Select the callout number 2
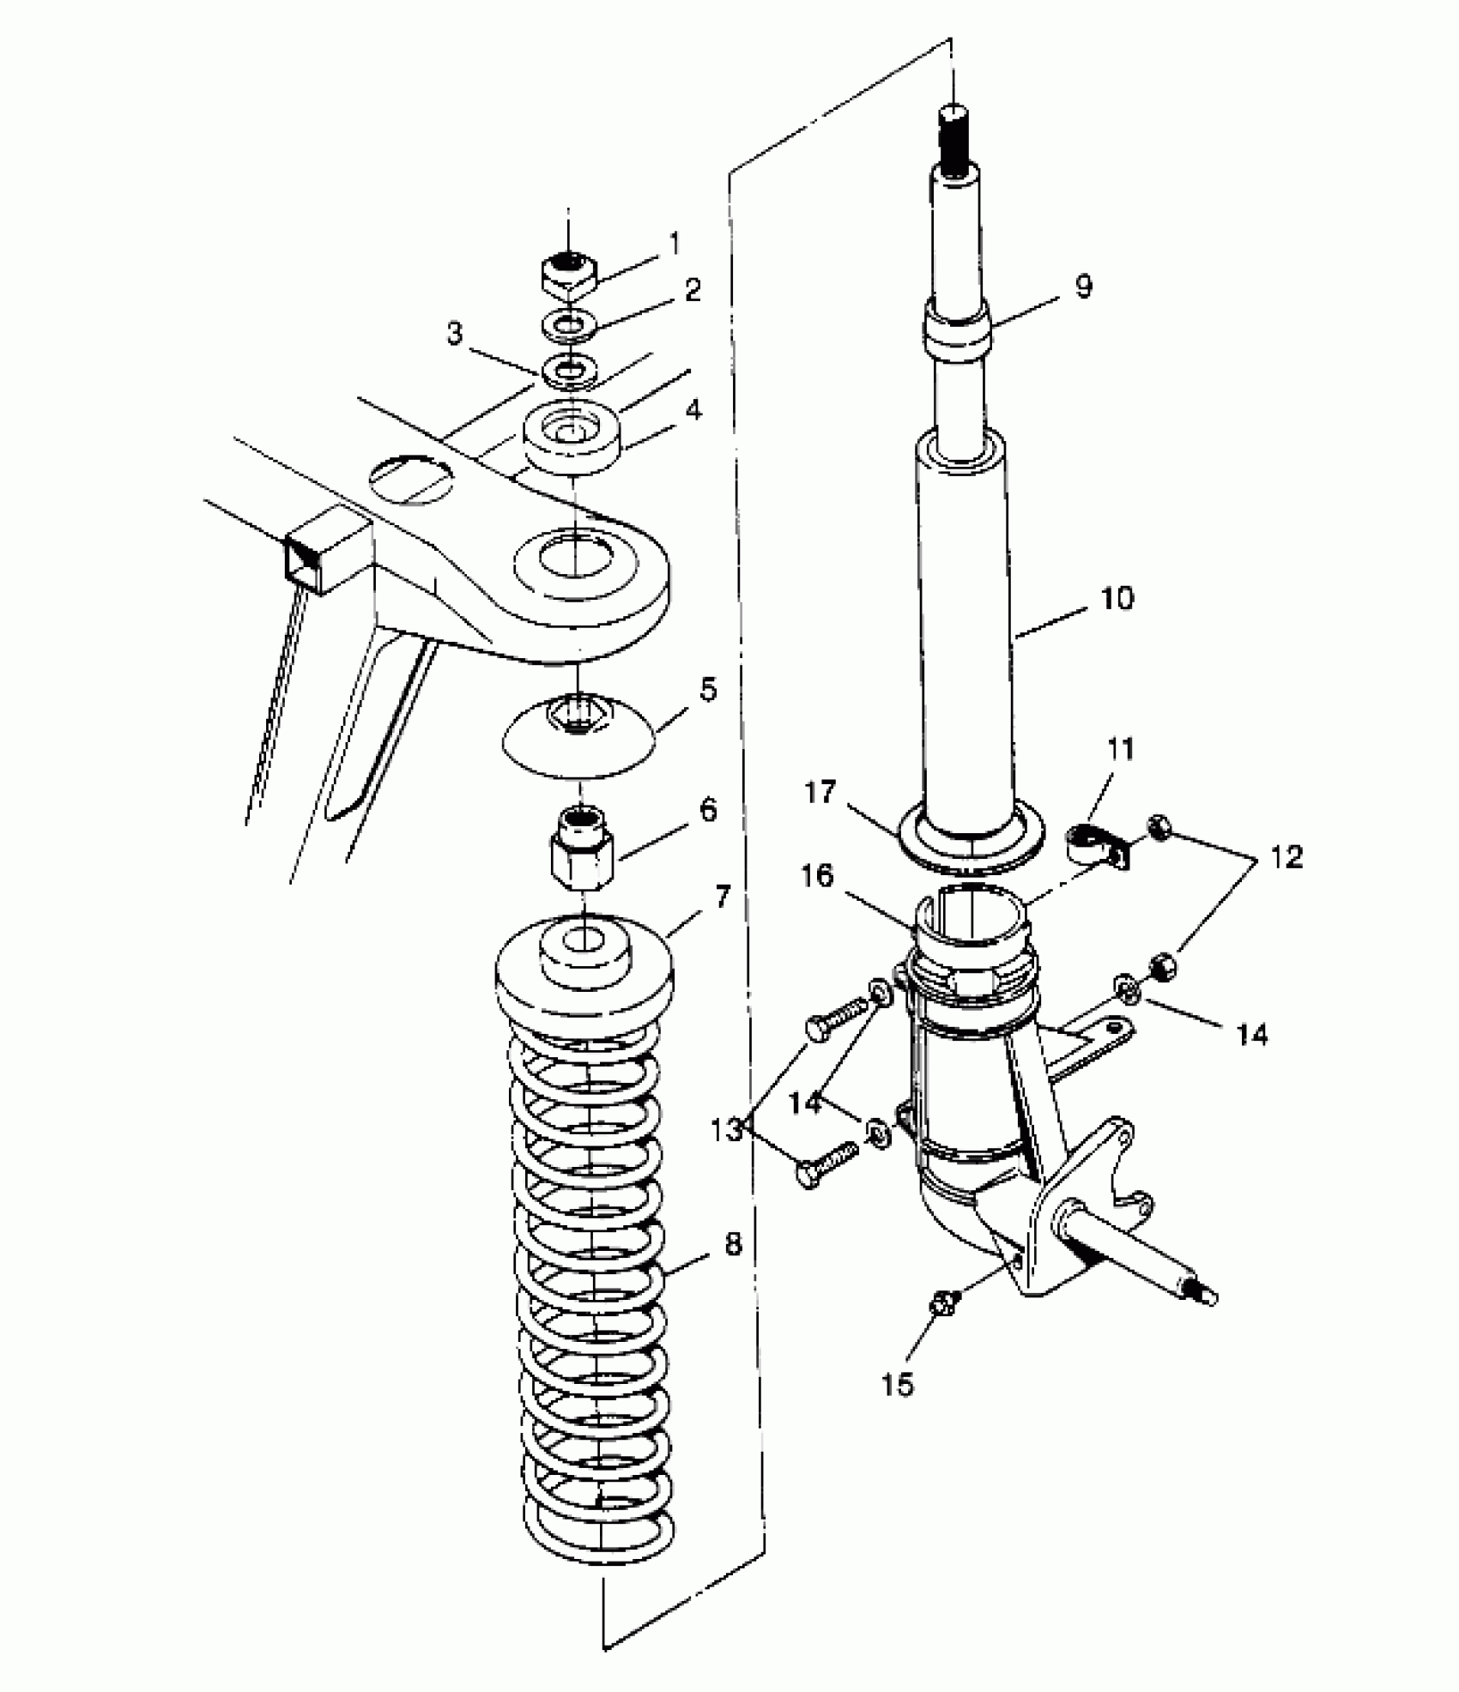693,290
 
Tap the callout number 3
456,334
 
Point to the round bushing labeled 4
572,439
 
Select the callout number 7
721,898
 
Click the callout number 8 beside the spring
733,1243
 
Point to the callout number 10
1117,598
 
